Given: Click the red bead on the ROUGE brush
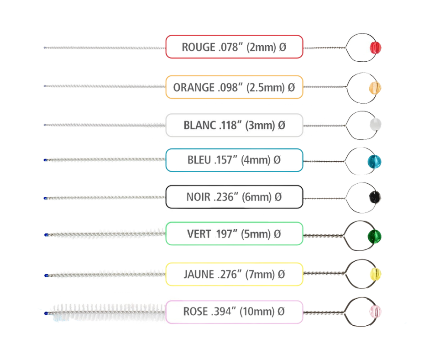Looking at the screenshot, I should tap(376, 47).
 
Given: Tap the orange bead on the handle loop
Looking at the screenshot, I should tap(375, 87).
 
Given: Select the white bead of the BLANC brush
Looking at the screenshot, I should tap(375, 124).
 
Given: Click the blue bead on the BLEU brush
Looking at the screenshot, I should tap(375, 161).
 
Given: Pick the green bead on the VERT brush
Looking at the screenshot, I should tap(375, 236).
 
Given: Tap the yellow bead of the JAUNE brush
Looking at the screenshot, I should tap(375, 274).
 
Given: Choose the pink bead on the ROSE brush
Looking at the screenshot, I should tap(375, 312).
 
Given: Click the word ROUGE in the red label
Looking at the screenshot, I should tap(198, 47).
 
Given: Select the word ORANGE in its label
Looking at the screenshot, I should tap(194, 87).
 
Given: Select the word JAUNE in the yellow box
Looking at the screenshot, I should tap(199, 274).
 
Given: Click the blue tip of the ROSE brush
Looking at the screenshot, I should tap(46, 313).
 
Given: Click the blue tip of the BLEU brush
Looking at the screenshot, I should tap(46, 159).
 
